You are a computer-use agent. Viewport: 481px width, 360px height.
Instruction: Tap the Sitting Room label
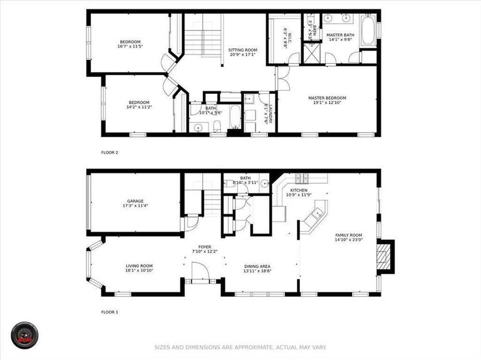pos(242,49)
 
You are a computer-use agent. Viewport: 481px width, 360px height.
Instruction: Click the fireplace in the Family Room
pos(385,256)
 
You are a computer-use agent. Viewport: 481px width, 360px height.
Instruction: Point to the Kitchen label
pos(298,190)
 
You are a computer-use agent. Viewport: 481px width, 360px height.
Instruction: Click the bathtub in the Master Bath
pos(368,31)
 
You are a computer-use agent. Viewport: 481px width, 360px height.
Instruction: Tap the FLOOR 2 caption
pos(110,152)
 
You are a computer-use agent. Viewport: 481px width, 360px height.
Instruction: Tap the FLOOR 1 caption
pos(110,311)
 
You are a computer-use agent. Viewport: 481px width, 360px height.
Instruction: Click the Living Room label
pos(139,265)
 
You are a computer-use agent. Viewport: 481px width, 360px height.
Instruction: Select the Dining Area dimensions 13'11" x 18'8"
pos(261,271)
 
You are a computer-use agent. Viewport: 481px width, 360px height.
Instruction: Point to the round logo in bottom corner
pos(26,336)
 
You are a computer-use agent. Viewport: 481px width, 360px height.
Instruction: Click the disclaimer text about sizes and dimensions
pos(240,347)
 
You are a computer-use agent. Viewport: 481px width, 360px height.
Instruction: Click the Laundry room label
pos(266,113)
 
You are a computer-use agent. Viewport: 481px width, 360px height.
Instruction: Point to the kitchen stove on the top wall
pos(301,178)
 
